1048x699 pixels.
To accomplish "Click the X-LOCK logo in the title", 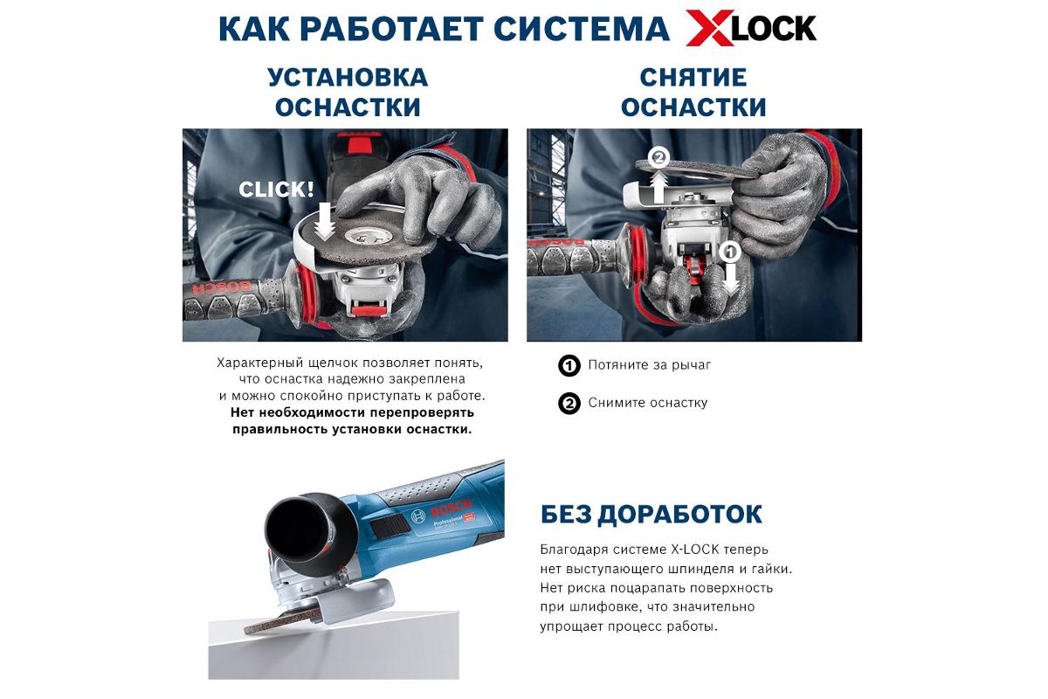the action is coord(751,29).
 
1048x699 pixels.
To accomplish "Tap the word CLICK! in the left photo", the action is coord(276,190).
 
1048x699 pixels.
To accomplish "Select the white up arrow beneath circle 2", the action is coord(658,186).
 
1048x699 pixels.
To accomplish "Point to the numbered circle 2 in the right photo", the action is coord(658,158).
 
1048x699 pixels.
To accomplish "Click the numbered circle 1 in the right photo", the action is coord(730,252).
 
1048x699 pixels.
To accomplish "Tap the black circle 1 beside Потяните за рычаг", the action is coord(569,365).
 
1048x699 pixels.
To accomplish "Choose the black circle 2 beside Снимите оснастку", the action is coord(569,403).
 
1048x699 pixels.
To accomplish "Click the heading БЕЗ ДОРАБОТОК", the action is coord(652,514).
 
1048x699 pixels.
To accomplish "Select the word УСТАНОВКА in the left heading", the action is coord(348,78).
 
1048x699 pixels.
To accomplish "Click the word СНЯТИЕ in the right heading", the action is coord(693,78).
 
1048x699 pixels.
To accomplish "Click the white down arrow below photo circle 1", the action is coord(731,279).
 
